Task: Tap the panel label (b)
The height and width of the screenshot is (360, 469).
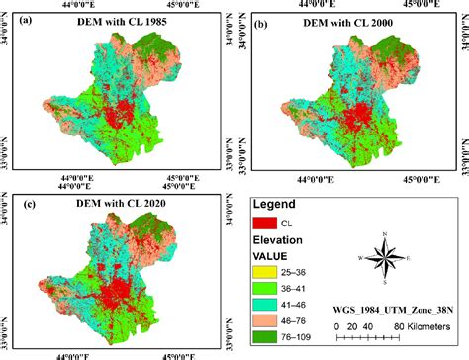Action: (262, 22)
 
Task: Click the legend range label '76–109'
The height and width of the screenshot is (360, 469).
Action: (302, 337)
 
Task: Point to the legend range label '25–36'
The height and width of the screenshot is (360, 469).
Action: (299, 269)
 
